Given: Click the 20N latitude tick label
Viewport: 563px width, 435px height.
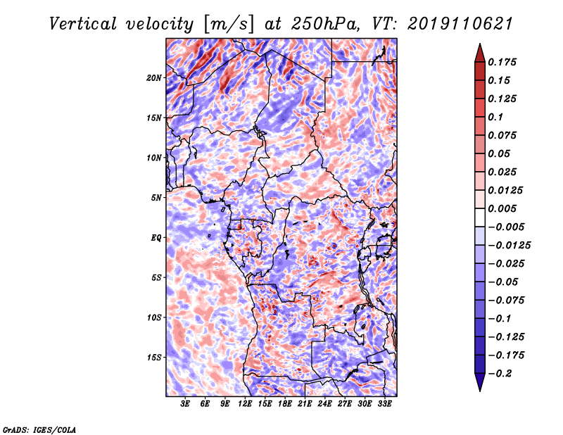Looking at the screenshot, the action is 154,78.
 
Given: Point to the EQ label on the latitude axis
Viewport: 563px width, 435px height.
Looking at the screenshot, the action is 156,238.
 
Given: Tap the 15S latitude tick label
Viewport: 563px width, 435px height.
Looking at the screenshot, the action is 154,358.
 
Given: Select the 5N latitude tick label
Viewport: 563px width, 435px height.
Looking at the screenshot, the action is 156,198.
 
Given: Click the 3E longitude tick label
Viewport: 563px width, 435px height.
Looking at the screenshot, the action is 185,403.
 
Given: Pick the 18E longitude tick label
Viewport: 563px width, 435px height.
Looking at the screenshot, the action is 285,403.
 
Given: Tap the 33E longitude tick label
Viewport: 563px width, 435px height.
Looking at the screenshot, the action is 384,403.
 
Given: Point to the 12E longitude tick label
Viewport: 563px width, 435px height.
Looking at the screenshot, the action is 245,403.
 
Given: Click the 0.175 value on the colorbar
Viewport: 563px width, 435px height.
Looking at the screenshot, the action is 502,62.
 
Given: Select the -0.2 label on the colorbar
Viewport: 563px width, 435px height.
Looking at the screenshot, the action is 500,374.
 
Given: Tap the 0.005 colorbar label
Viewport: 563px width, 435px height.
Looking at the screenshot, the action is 502,208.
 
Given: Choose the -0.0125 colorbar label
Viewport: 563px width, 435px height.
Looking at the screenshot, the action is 509,246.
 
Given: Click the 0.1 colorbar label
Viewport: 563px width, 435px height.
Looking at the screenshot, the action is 495,117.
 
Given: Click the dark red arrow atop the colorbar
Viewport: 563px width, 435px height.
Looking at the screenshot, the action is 480,53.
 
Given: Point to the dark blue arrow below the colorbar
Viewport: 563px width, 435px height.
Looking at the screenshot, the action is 480,382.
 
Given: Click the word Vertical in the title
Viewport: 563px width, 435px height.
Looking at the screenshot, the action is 83,24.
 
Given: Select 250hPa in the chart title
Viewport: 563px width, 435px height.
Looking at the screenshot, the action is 325,24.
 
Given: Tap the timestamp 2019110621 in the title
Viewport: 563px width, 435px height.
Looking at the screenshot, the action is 460,24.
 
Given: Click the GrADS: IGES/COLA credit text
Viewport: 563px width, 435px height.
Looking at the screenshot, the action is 39,429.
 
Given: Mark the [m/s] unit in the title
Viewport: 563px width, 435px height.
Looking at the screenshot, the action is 229,25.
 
